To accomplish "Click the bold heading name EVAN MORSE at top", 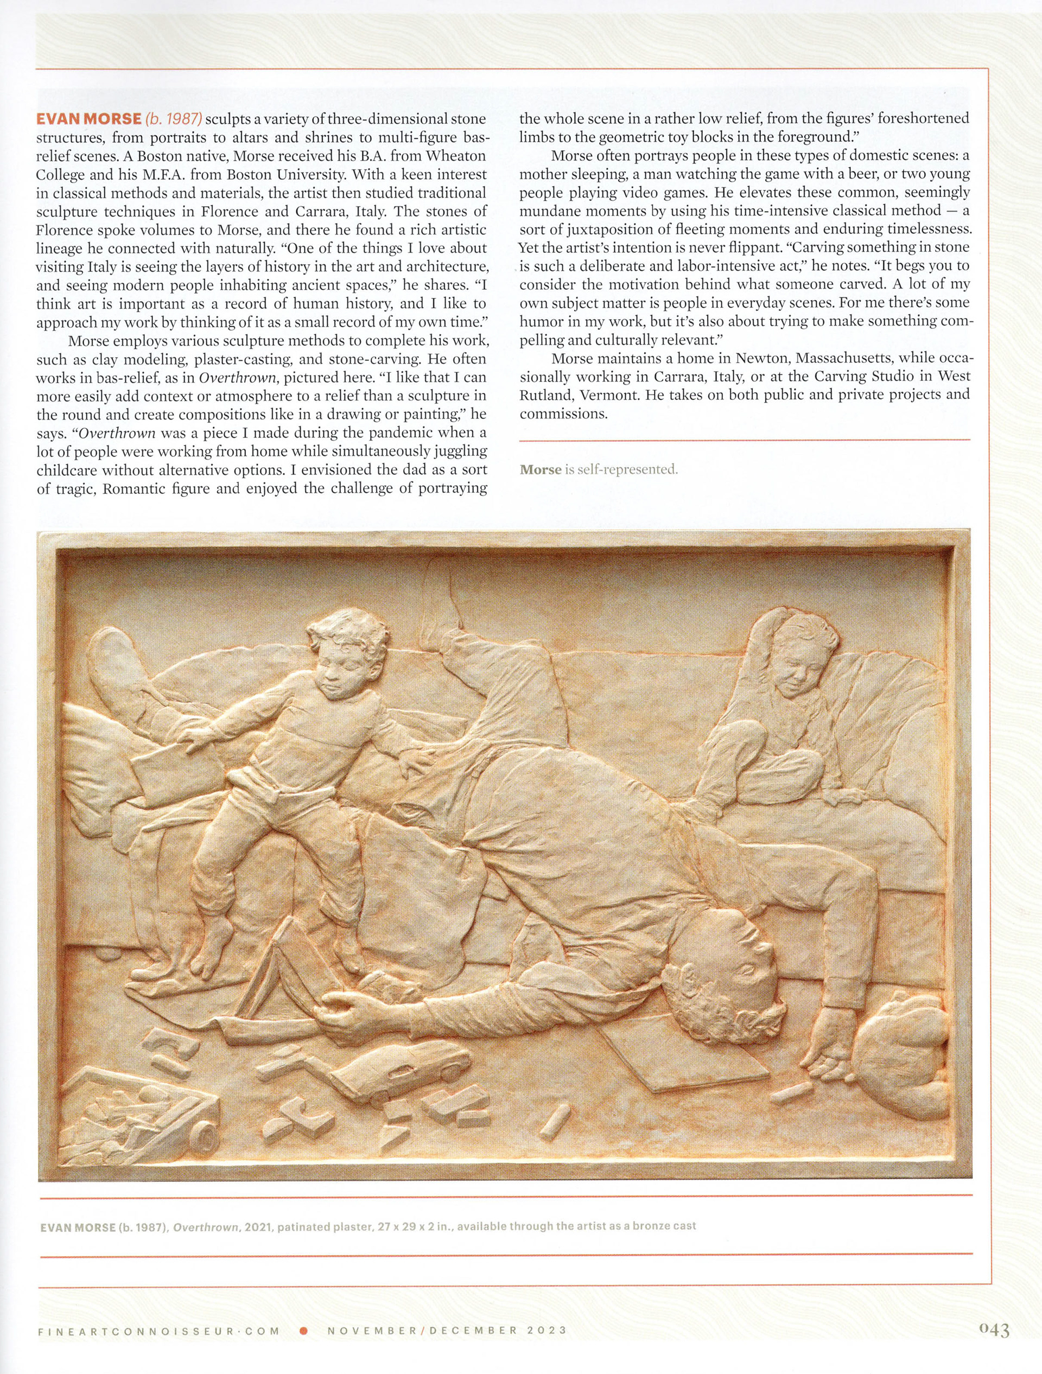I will pyautogui.click(x=89, y=119).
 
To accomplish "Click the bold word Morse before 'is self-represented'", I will pyautogui.click(x=540, y=469).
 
